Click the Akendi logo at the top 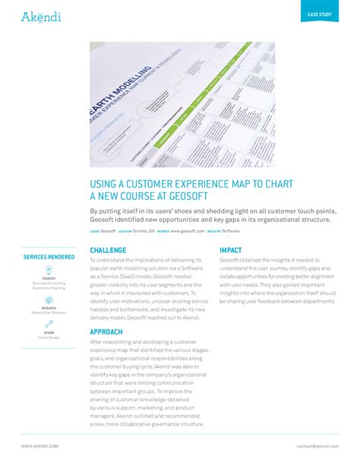click(41, 17)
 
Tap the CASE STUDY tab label click(319, 15)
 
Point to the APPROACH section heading click(107, 332)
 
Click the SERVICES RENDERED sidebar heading click(49, 257)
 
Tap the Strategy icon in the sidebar click(49, 271)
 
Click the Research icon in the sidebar click(49, 297)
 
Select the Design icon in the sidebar click(49, 323)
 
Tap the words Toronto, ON click(143, 230)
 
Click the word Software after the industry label click(231, 230)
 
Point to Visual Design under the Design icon click(49, 338)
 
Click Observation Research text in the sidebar click(49, 312)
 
